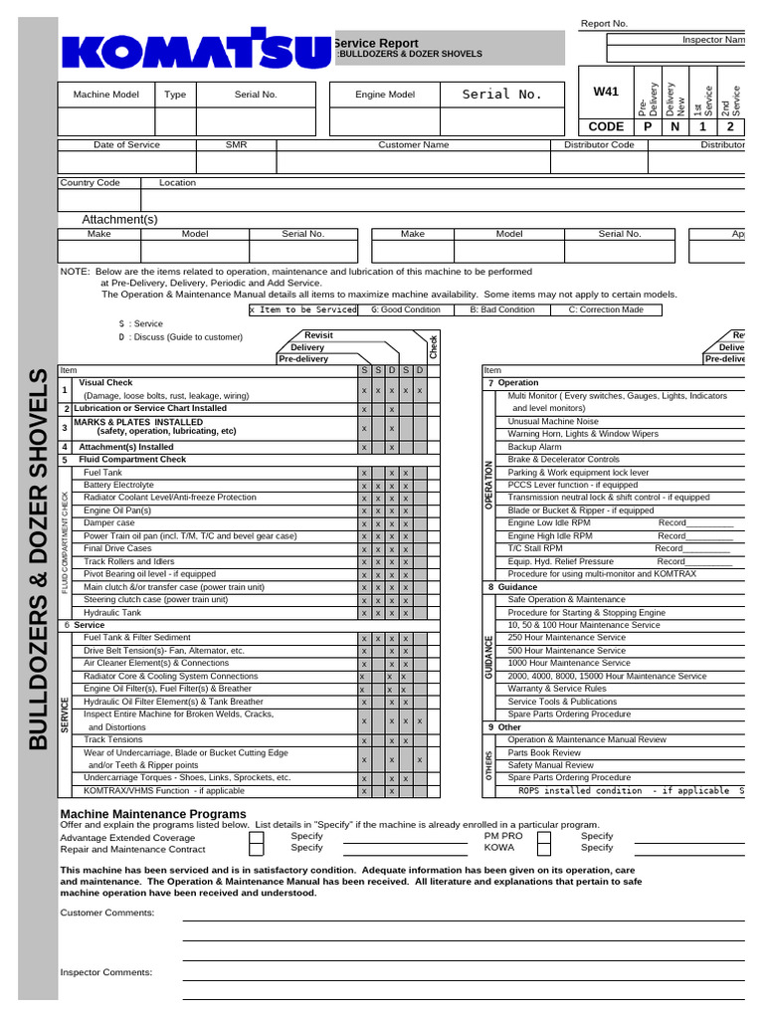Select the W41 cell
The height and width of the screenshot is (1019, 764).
click(606, 92)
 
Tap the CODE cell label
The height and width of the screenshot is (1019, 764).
click(606, 127)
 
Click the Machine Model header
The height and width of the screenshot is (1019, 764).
click(106, 95)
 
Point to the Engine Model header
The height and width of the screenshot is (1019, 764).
click(385, 95)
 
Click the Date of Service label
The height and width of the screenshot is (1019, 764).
click(126, 145)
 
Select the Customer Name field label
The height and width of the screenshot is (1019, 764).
click(413, 145)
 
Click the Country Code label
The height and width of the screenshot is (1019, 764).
click(91, 183)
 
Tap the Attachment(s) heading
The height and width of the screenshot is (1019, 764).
click(119, 219)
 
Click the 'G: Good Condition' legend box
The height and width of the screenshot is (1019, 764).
click(405, 309)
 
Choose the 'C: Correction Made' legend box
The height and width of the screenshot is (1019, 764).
click(606, 309)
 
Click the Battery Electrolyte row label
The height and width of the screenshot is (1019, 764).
click(119, 485)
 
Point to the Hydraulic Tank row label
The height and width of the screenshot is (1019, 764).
click(112, 613)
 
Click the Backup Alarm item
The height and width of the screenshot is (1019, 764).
click(534, 447)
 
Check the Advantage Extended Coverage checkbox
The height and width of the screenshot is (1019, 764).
click(257, 839)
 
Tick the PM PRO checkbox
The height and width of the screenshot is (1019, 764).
click(543, 839)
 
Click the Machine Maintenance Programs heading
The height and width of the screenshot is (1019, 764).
click(153, 814)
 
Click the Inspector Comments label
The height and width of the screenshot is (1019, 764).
click(106, 972)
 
